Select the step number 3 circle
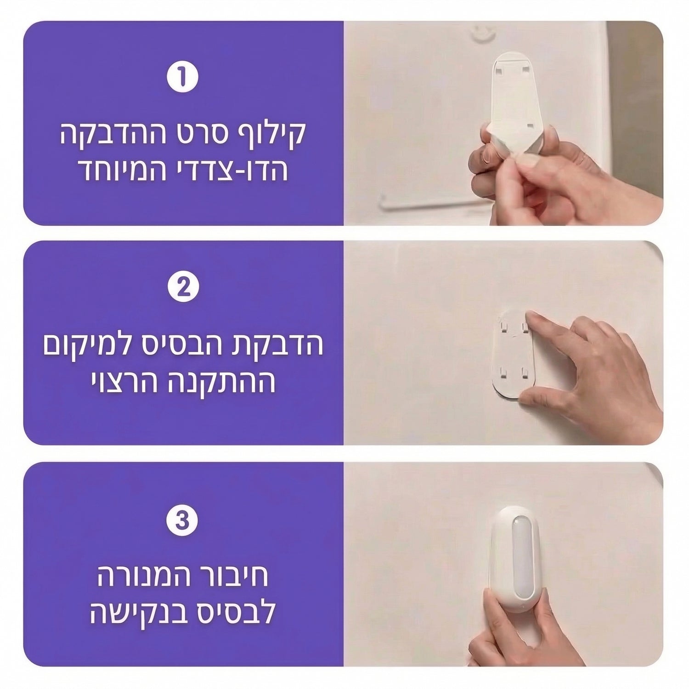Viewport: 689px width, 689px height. [183, 521]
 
